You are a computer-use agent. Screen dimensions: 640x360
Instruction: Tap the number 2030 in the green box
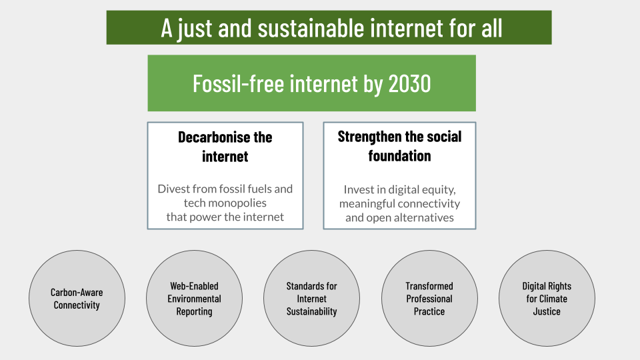(x=409, y=84)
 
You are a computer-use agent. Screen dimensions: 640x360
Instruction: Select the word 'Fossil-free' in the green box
(x=239, y=84)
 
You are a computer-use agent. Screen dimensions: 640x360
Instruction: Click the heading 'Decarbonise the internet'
(x=225, y=147)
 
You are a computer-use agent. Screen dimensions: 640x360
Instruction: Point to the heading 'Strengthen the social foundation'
(x=399, y=146)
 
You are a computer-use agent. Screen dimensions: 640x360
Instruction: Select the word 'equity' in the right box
(x=439, y=190)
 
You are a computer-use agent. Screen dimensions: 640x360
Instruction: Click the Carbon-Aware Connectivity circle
(x=77, y=299)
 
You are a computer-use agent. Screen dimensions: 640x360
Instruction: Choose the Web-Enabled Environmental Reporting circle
(x=194, y=299)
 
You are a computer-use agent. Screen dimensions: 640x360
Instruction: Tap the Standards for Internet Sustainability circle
(x=311, y=299)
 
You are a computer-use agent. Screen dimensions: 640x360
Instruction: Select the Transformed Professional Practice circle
(x=429, y=299)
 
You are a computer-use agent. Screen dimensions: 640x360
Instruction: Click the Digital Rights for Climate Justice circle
(x=547, y=299)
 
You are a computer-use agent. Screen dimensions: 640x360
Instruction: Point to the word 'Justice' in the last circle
(x=547, y=311)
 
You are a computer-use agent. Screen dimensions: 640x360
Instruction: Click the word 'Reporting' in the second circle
(x=194, y=312)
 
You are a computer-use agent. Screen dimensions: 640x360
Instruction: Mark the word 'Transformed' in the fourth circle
(x=429, y=286)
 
